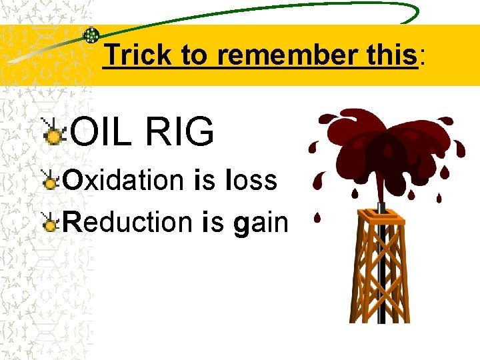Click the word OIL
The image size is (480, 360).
[x=100, y=132]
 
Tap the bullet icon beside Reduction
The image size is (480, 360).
[x=50, y=222]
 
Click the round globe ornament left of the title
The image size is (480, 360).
[x=91, y=35]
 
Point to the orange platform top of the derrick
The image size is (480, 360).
[x=381, y=215]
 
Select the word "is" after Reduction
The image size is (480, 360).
[x=213, y=221]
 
